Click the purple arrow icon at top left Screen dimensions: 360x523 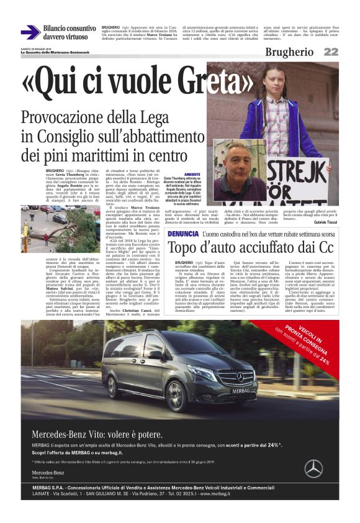point(30,32)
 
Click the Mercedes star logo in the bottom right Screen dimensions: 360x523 point(313,467)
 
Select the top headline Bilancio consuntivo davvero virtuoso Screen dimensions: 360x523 point(70,32)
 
